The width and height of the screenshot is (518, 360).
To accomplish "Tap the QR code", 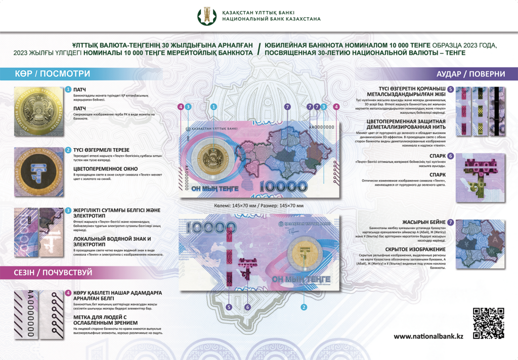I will tap(489, 323).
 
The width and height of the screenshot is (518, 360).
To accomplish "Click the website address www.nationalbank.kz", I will tap(428, 337).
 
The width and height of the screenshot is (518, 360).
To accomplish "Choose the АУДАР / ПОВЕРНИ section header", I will tap(470, 74).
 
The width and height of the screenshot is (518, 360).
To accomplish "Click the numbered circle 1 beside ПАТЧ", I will tap(68, 89).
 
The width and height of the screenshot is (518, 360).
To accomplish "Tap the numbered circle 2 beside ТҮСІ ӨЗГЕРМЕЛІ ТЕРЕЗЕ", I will tap(68, 150).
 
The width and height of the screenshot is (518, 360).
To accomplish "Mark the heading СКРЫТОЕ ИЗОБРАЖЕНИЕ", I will tap(415, 249).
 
